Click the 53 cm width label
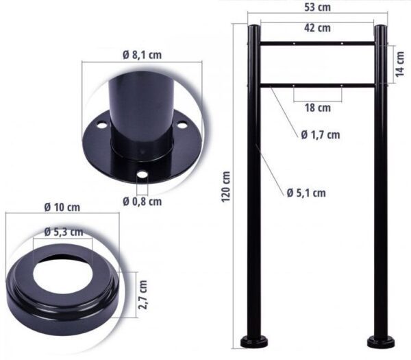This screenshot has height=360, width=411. (317, 8)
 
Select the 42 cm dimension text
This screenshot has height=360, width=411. (317, 28)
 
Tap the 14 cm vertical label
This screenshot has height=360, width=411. (400, 64)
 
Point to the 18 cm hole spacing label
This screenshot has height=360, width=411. (317, 108)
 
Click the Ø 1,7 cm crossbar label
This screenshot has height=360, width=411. (321, 135)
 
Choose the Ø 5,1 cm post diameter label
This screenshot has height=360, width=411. (306, 193)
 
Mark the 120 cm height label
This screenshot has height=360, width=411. (225, 187)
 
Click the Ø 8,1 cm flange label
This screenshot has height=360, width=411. (142, 55)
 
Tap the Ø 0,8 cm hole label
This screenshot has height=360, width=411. (142, 202)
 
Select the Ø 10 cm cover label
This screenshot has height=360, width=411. (62, 207)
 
